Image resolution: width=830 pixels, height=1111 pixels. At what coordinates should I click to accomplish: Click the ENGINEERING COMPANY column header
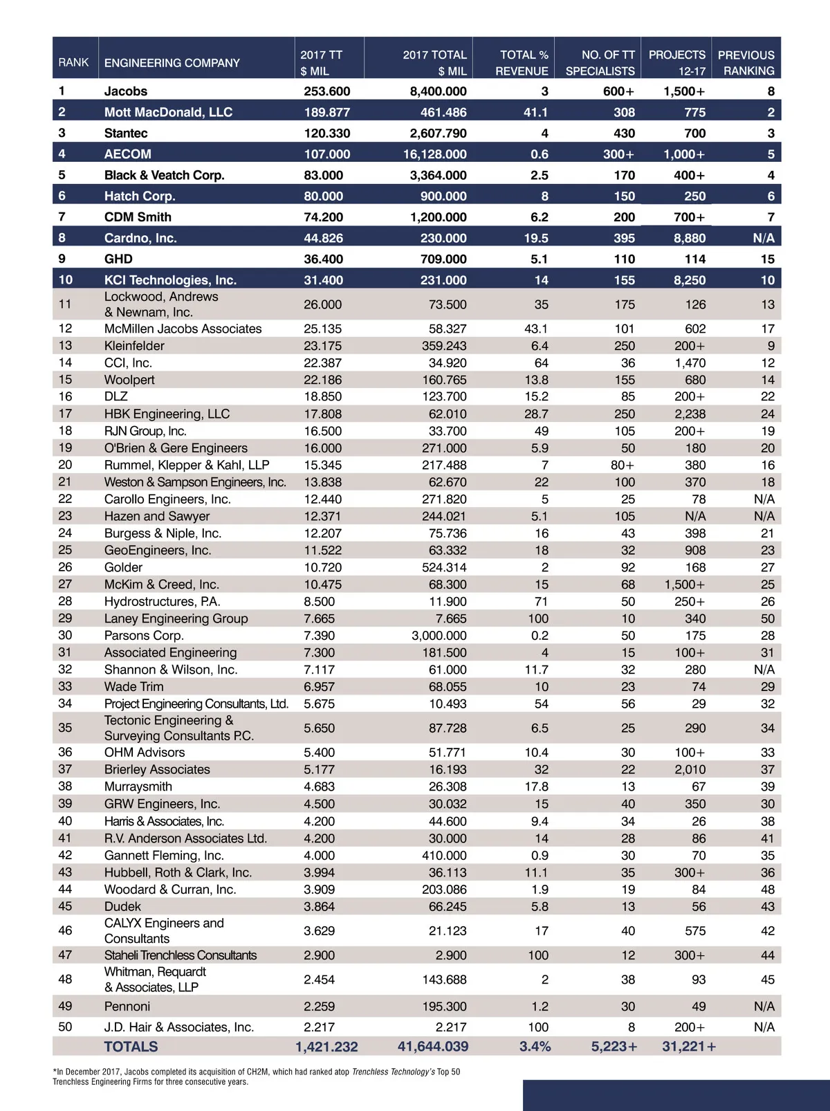pos(172,63)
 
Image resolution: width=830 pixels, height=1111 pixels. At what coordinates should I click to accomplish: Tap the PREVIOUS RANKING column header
pos(746,63)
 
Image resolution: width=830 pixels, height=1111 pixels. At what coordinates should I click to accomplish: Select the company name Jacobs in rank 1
pos(126,91)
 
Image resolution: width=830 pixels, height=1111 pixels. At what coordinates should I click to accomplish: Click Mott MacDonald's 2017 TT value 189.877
pos(326,112)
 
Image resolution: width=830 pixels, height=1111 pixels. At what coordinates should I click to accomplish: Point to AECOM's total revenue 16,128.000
pos(434,154)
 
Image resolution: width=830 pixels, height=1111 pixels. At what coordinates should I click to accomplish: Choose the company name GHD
pos(118,259)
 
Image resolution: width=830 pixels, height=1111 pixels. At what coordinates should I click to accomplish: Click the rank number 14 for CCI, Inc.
pos(65,362)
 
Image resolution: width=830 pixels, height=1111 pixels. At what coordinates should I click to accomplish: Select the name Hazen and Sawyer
pos(157,516)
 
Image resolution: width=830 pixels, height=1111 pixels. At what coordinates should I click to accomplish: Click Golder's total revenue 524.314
pos(444,567)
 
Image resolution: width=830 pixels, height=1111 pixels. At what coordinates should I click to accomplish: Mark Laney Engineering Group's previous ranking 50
pos(767,618)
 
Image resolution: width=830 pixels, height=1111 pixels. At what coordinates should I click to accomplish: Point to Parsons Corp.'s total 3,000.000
pos(439,636)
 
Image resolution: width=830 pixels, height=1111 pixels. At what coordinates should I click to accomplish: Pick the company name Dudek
pos(122,906)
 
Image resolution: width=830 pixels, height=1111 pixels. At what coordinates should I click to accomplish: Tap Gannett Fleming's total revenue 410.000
pos(444,856)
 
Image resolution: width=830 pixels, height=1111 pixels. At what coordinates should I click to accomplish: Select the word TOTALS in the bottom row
pos(131,1047)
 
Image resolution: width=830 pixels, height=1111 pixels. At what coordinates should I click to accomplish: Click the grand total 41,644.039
pos(433,1047)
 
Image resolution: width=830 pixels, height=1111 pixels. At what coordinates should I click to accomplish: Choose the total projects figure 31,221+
pos(688,1047)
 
